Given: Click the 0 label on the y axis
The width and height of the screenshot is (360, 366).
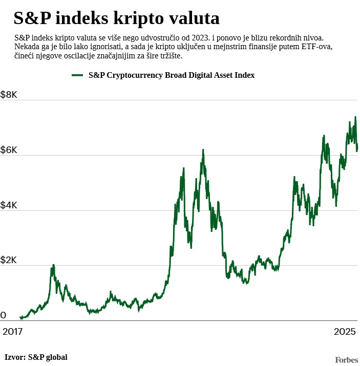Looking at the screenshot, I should [x=4, y=315].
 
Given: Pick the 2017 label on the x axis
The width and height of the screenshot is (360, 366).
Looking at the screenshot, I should [x=13, y=331].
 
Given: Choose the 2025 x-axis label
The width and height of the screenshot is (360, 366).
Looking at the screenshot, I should [x=344, y=331].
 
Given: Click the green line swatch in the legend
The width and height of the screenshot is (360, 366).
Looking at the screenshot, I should [x=77, y=75].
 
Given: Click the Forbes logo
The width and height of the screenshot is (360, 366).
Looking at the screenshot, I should [x=346, y=360].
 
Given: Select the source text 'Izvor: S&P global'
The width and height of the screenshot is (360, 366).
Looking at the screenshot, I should [x=36, y=357].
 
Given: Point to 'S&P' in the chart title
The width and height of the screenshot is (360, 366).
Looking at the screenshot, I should [x=31, y=19].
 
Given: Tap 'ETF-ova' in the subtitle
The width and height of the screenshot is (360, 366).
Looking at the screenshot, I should [x=318, y=47].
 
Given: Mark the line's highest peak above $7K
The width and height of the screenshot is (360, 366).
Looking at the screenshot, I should [x=355, y=117].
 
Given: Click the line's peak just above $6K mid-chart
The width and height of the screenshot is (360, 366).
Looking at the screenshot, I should [x=203, y=149].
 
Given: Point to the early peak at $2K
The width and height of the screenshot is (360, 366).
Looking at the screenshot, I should [x=53, y=265].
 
